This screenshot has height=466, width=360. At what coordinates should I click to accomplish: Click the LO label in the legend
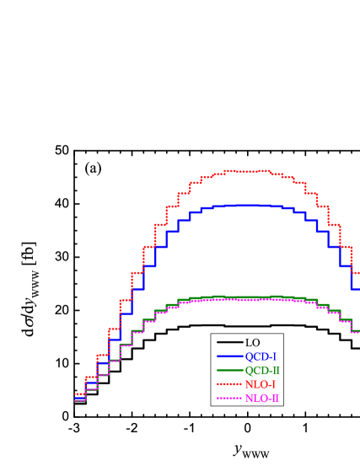[x=253, y=343]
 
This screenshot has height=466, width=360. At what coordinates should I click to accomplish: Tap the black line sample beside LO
[x=229, y=342]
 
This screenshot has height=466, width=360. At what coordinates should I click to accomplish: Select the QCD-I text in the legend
[x=261, y=356]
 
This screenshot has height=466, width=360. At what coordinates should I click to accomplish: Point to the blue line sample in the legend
[x=229, y=356]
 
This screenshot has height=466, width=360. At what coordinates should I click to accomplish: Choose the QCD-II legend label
[x=262, y=371]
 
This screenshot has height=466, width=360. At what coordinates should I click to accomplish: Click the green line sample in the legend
[x=229, y=370]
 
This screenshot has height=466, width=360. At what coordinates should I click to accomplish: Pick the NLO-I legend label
[x=261, y=384]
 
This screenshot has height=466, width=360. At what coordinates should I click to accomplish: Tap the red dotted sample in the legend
[x=229, y=384]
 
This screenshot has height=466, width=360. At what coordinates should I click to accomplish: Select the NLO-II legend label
[x=262, y=399]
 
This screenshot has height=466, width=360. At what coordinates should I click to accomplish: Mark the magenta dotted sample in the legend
[x=229, y=398]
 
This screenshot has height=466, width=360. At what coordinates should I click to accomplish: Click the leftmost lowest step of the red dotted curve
[x=80, y=393]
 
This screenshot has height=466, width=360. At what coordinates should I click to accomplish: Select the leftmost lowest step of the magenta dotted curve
[x=80, y=400]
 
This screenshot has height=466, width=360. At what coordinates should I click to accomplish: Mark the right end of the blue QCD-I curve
[x=355, y=289]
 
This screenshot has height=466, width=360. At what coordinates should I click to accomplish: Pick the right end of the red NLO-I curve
[x=356, y=272]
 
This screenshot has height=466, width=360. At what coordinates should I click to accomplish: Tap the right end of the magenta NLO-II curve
[x=356, y=332]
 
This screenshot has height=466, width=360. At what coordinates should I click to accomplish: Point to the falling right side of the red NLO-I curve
[x=334, y=225]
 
